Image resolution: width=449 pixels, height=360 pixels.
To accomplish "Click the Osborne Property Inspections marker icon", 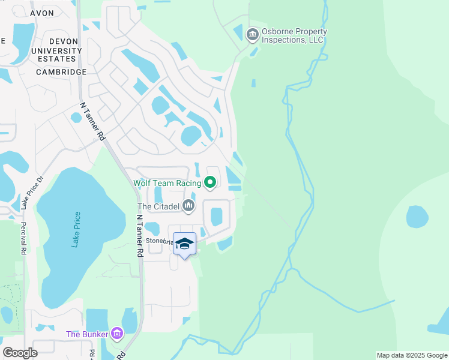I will [252, 35].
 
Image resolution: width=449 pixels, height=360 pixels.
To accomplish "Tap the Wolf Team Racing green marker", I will [210, 181].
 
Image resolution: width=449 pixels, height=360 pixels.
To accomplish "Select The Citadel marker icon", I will [189, 206].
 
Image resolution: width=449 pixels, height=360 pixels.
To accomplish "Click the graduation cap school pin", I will [185, 244].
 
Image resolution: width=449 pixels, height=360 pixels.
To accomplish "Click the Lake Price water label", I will [76, 229].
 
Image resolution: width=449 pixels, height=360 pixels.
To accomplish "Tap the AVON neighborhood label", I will [42, 12].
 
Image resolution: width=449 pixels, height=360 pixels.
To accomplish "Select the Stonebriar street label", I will [160, 241].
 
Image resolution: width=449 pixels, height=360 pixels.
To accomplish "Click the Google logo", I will [20, 353].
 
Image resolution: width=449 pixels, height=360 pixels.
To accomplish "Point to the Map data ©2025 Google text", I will [411, 355].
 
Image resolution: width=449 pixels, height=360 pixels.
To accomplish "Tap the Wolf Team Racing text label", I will [166, 181].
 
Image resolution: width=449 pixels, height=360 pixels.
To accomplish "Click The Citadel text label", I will [158, 206].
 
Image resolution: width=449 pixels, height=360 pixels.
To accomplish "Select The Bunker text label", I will [87, 334].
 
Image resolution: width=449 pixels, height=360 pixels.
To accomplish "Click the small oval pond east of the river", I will [417, 217].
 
